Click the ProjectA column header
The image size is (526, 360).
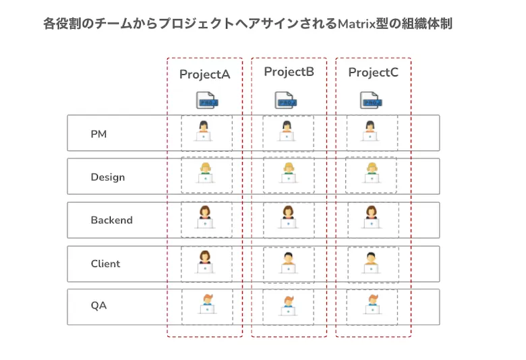[x=204, y=74]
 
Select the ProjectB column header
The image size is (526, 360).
[x=289, y=72]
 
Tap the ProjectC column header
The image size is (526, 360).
[x=373, y=73]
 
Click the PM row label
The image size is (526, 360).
[x=98, y=134]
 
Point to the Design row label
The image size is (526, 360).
[x=108, y=177]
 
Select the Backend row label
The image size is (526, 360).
[x=111, y=220]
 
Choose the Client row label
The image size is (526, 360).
[x=105, y=264]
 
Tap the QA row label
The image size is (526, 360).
[x=98, y=306]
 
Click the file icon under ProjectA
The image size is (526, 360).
[x=206, y=100]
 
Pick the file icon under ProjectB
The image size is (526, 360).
[x=285, y=100]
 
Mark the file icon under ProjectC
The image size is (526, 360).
[x=370, y=100]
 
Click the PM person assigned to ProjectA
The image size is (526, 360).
[x=205, y=131]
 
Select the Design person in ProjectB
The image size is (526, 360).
[x=289, y=174]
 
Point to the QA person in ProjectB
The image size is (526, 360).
[x=289, y=305]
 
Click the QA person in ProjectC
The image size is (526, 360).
[x=372, y=305]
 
